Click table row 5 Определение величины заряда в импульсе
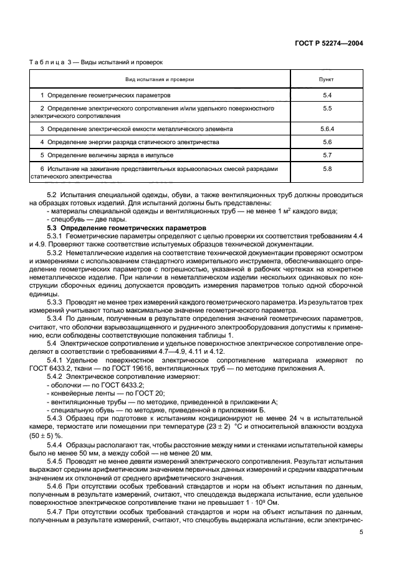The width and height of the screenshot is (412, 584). (x=99, y=155)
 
